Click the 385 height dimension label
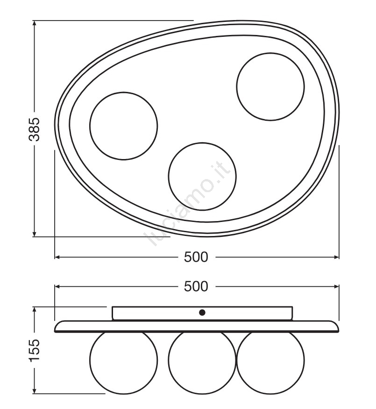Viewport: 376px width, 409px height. (x=34, y=129)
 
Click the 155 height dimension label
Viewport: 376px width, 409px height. (x=34, y=350)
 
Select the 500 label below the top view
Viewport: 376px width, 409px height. (x=196, y=257)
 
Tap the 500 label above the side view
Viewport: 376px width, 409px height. (x=196, y=286)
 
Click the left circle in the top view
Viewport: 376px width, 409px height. (x=90, y=126)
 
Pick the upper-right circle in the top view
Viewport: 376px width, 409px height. (x=236, y=87)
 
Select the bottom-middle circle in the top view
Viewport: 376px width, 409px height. (x=169, y=176)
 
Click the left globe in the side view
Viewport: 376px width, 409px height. (x=90, y=360)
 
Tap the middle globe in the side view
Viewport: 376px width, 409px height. (x=169, y=360)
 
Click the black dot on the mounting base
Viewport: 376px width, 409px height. (x=202, y=312)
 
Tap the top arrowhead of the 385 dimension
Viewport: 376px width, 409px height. (x=34, y=23)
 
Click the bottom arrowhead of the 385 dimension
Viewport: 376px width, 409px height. (x=34, y=234)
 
